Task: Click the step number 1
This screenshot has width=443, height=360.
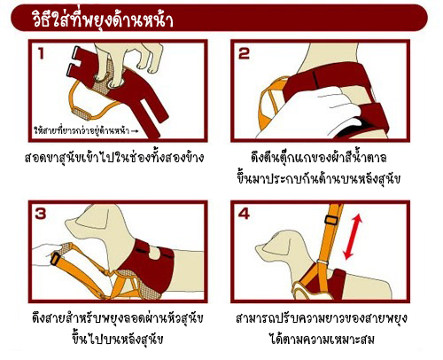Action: [41, 54]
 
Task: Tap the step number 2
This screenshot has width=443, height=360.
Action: [244, 54]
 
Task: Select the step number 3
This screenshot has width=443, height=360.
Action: [41, 214]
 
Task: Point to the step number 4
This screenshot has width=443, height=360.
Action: [244, 214]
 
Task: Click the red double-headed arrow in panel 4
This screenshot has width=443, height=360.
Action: [354, 237]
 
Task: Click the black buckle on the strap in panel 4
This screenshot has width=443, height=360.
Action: [331, 220]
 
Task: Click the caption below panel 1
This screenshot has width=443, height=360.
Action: [114, 157]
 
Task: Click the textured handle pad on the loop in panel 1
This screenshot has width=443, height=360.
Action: [82, 113]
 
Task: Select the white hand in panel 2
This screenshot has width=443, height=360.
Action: [307, 113]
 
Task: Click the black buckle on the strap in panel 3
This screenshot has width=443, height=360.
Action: [55, 258]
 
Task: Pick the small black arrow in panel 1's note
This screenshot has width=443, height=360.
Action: [135, 130]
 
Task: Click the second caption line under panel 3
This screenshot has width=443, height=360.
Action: [117, 338]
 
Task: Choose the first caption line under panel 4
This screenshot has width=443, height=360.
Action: [322, 317]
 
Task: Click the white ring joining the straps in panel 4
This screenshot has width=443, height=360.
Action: [323, 262]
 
